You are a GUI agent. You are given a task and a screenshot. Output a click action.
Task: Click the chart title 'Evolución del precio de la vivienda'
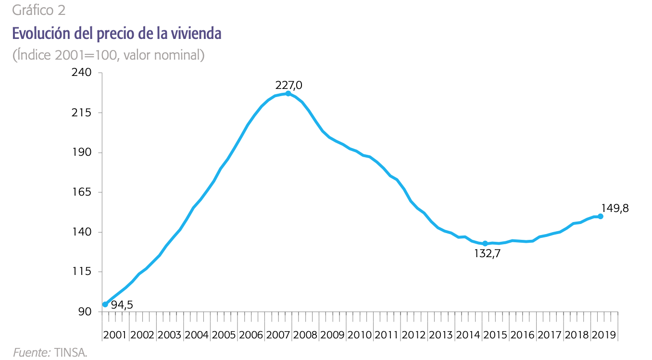pos(117,34)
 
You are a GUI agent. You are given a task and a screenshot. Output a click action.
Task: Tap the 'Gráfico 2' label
pos(39,10)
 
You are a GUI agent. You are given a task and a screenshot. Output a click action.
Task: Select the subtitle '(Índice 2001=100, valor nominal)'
pos(109,55)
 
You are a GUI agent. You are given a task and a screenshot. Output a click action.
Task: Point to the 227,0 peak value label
pos(288,85)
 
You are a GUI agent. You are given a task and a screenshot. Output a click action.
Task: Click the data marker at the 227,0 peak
pos(288,93)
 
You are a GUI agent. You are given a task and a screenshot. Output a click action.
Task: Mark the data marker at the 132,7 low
pos(485,244)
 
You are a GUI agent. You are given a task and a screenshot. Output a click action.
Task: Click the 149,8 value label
pos(614,208)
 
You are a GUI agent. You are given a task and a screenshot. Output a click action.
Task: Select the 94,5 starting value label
pos(122,305)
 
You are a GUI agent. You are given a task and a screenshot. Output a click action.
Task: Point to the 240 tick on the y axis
pos(81,73)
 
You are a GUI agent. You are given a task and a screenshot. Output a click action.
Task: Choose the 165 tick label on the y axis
pos(81,192)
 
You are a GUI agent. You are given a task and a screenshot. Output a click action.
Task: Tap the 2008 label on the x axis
pos(304,335)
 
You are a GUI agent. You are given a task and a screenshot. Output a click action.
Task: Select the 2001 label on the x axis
pos(115,335)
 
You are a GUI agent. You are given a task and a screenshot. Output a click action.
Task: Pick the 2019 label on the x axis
pos(603,335)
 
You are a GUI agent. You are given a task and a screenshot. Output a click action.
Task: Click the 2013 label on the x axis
pos(440,335)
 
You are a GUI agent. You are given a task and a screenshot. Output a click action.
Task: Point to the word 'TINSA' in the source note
pos(71,353)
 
